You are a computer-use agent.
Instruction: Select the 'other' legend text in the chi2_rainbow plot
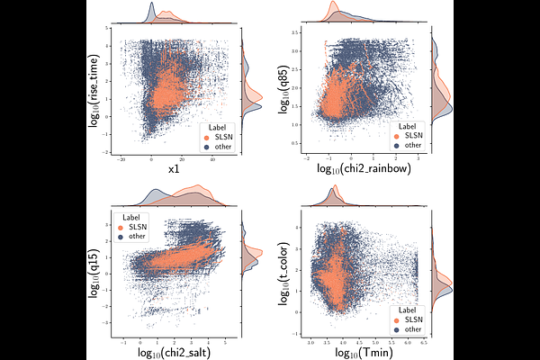click(x=413, y=144)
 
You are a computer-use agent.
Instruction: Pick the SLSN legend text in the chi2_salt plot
click(x=138, y=227)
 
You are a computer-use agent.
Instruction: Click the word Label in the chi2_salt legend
click(x=132, y=218)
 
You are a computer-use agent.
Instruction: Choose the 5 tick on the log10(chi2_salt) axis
click(x=223, y=343)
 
